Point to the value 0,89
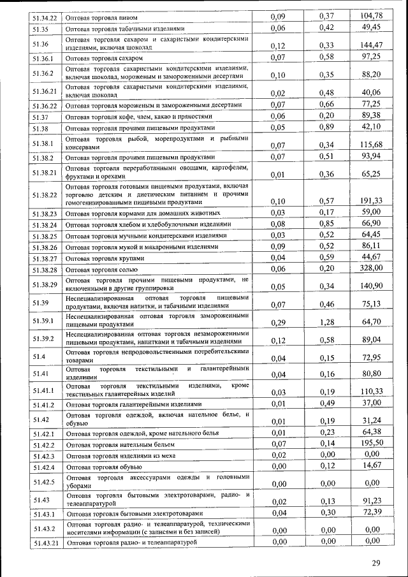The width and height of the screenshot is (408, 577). pos(326,126)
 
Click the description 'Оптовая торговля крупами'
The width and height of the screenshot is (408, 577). pos(105,259)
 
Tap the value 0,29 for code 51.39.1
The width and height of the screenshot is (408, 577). pos(277,323)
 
